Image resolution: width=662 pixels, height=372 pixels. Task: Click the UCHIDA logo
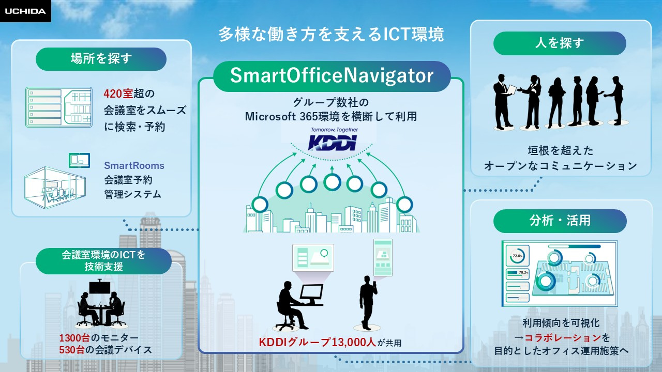tap(25, 11)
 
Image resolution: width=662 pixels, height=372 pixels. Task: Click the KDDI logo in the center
tap(332, 142)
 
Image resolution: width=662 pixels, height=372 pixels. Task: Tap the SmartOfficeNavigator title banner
tap(332, 76)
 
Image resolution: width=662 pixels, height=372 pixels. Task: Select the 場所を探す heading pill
tap(101, 59)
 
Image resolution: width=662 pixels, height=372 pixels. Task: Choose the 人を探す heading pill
tap(559, 43)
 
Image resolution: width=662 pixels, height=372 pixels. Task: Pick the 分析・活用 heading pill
tap(560, 221)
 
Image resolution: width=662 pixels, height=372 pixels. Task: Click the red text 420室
tap(118, 94)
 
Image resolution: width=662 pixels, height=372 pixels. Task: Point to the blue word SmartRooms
tap(134, 166)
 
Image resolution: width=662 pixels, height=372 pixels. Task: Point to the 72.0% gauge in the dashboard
tap(518, 256)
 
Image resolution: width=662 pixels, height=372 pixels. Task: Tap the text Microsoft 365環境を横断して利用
tap(331, 116)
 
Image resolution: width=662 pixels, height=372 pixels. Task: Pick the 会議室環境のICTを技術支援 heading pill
tap(103, 260)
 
